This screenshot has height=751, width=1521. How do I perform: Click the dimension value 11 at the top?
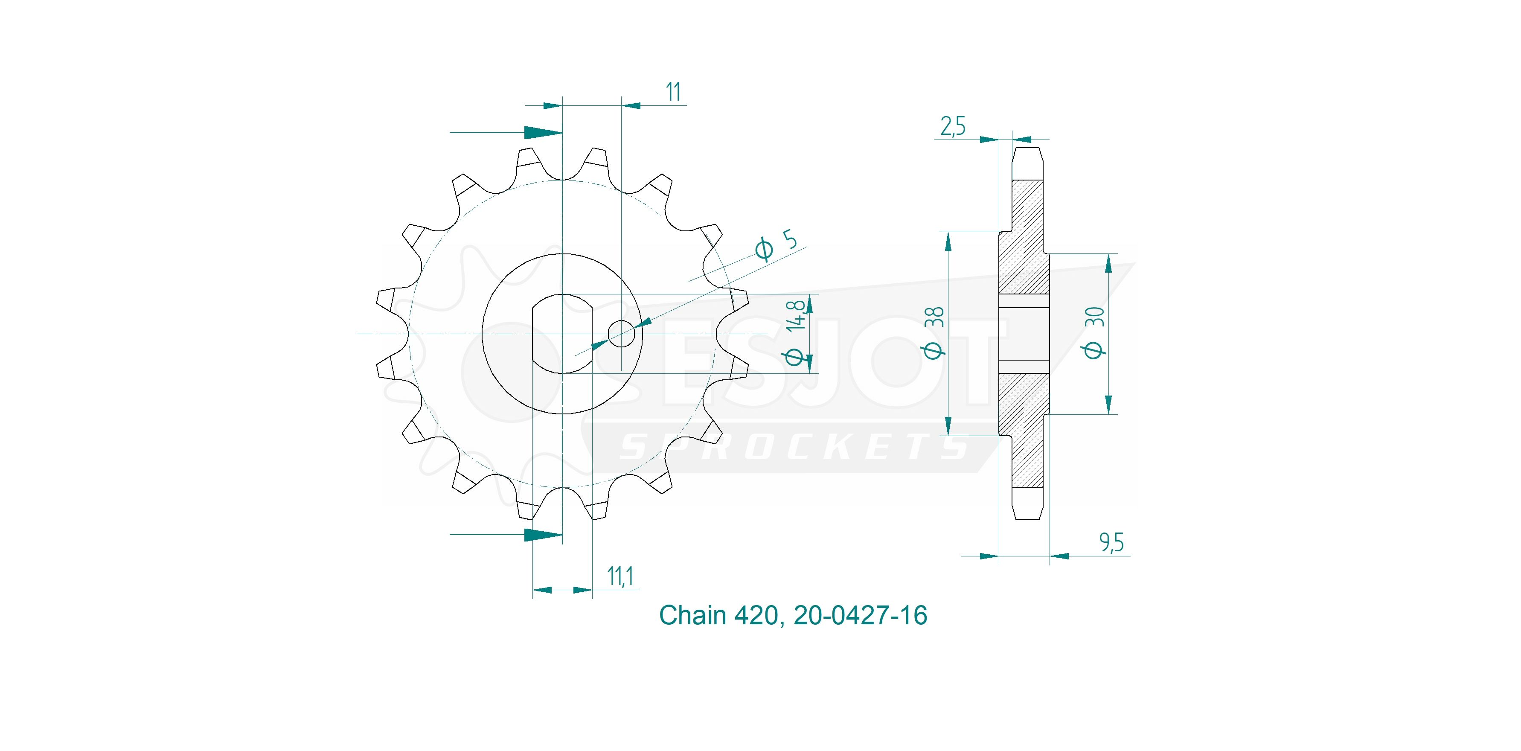[673, 92]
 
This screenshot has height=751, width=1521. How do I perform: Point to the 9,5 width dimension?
[1111, 543]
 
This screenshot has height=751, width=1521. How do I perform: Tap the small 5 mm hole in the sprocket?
[621, 334]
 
